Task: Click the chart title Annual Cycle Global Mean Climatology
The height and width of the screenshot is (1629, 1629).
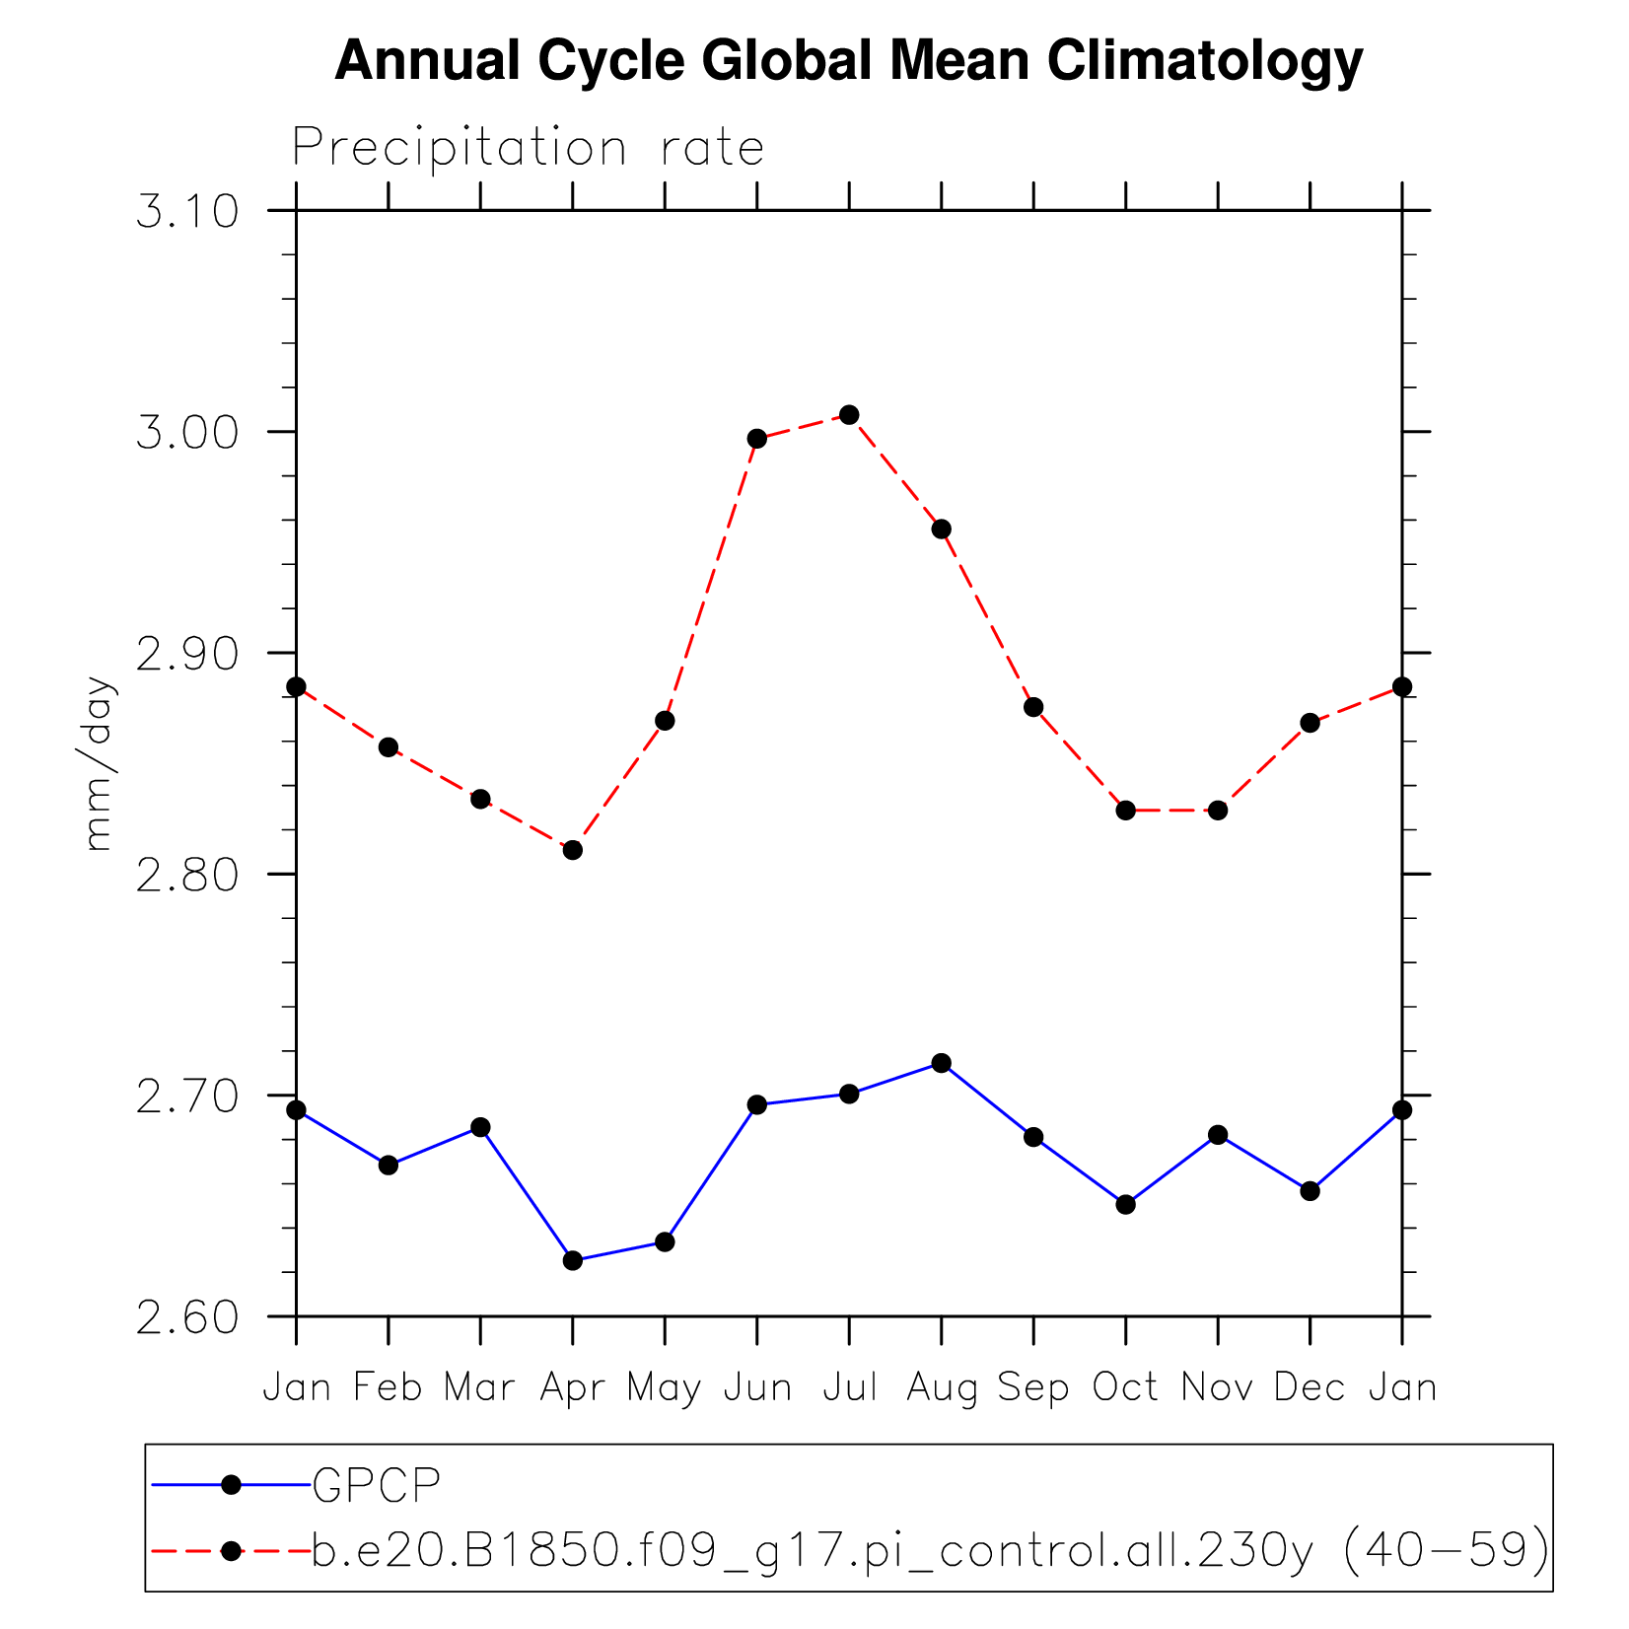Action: point(848,61)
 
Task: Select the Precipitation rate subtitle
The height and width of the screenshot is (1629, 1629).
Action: point(528,148)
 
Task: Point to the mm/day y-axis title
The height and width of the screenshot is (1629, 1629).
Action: point(98,763)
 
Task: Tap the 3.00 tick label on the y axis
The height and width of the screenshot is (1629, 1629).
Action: point(187,433)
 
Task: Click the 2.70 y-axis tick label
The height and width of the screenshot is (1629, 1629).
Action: point(187,1097)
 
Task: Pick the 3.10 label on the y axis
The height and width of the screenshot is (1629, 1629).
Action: point(187,212)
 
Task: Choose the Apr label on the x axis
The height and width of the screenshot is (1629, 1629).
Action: point(572,1388)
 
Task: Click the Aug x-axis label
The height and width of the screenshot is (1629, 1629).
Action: point(942,1388)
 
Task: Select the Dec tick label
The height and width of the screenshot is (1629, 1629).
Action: point(1310,1388)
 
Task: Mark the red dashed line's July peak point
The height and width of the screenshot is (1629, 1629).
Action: point(849,415)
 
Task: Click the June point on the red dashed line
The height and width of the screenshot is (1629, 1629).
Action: point(757,439)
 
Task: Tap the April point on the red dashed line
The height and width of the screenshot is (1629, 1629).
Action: point(573,850)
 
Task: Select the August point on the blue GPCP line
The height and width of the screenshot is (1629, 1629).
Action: point(942,1063)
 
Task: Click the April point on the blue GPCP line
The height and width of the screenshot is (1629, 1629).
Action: point(573,1260)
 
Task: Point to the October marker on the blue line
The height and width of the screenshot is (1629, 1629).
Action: point(1126,1204)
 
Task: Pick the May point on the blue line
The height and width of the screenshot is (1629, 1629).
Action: point(665,1241)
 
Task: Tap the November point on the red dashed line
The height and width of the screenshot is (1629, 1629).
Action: point(1218,811)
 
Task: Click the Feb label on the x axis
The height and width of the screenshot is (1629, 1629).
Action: point(389,1388)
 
